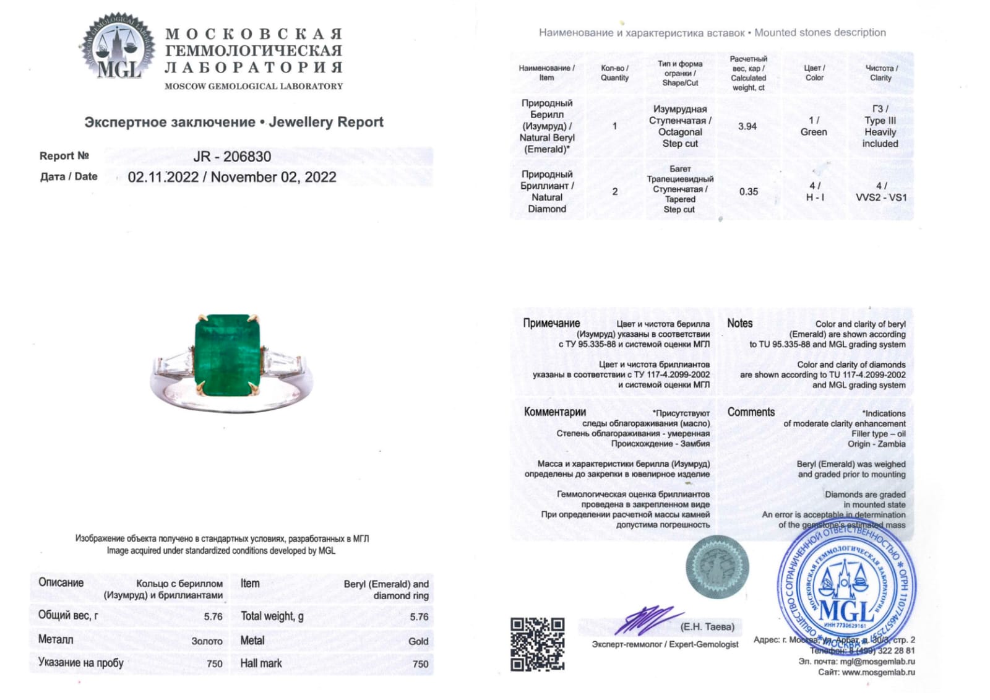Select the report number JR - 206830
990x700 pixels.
[x=232, y=157]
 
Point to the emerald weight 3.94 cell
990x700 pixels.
[x=747, y=126]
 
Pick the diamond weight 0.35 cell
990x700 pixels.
[x=748, y=192]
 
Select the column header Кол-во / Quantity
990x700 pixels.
[x=614, y=73]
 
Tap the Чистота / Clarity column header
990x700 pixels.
[x=881, y=73]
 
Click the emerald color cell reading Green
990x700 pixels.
[x=814, y=132]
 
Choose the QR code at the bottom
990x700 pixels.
[x=537, y=644]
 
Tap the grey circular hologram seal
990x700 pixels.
[x=717, y=567]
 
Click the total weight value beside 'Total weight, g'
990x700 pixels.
[x=419, y=617]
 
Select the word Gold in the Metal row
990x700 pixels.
[x=418, y=641]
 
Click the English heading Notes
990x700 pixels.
[x=739, y=323]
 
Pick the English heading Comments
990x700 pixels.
[x=751, y=412]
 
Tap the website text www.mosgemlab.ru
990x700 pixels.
[x=878, y=672]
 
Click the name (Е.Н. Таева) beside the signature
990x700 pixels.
[x=707, y=627]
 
